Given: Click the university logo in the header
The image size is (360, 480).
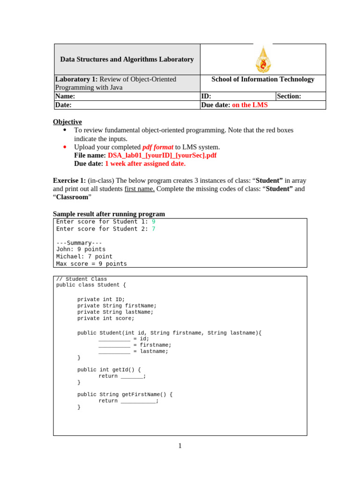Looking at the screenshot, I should [x=263, y=60].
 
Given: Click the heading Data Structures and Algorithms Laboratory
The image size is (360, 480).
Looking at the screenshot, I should [x=127, y=60].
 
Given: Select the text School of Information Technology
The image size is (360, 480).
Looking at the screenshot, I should [x=263, y=79].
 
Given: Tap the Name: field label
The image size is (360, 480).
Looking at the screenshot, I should [x=65, y=96].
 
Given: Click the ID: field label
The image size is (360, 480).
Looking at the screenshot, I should [x=206, y=96].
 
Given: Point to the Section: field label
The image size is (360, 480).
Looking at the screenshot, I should [x=289, y=96].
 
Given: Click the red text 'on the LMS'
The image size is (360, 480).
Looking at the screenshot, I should [x=250, y=105].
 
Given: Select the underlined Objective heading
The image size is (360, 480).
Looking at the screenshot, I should [x=67, y=122].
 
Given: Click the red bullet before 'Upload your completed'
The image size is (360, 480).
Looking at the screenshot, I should [x=65, y=147].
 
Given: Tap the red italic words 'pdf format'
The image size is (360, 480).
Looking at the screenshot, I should [x=157, y=147].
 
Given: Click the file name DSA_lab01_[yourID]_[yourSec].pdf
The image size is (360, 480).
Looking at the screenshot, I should [x=162, y=155].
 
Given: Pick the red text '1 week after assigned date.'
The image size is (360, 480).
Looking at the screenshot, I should [x=145, y=164].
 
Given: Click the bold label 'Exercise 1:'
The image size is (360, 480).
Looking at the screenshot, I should [x=69, y=180].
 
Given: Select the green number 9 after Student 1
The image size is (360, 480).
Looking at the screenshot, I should [x=153, y=222].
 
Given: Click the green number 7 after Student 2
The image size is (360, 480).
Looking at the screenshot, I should [x=153, y=229].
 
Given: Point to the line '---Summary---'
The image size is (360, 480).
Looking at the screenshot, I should [x=79, y=243].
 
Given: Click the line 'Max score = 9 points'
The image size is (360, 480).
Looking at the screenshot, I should [x=91, y=264].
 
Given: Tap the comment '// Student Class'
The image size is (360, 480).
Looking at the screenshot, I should [x=82, y=279].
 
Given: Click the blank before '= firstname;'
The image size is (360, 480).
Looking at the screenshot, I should [x=114, y=345].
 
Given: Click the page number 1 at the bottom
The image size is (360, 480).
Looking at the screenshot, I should [x=180, y=446].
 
